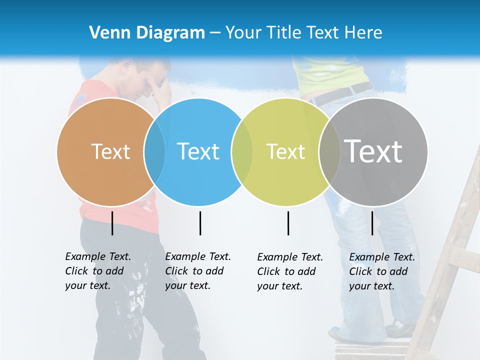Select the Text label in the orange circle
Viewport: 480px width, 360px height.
110,151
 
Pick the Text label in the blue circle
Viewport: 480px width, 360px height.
198,151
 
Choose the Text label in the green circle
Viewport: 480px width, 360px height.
285,151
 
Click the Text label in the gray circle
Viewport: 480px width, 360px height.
373,151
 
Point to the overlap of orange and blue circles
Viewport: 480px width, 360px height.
154,151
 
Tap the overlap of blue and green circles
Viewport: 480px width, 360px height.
242,151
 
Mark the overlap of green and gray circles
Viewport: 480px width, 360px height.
329,151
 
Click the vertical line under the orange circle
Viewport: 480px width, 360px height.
112,223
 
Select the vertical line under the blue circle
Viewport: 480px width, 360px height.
200,223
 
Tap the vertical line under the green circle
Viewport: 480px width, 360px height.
288,223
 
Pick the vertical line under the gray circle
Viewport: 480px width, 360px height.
372,223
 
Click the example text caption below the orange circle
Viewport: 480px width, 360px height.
98,271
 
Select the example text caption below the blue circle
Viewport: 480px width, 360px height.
198,271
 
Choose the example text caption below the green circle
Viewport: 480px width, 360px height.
290,271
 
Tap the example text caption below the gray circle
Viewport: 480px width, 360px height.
382,271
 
